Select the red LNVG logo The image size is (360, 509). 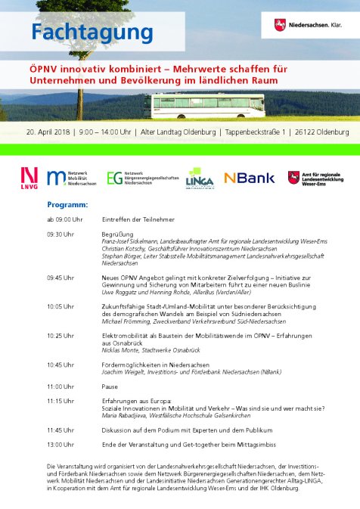click(29, 178)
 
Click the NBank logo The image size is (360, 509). click(249, 178)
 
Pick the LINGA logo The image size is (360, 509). click(200, 178)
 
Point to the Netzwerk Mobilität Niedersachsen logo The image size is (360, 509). click(72, 178)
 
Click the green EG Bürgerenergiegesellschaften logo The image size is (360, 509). click(143, 178)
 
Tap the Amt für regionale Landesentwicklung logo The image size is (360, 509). click(317, 178)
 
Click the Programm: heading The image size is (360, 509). click(67, 205)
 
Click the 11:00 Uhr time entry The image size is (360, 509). click(61, 386)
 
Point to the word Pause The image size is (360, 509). click(110, 386)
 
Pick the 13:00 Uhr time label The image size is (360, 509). click(61, 444)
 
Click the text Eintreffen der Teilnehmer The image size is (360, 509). click(138, 219)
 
